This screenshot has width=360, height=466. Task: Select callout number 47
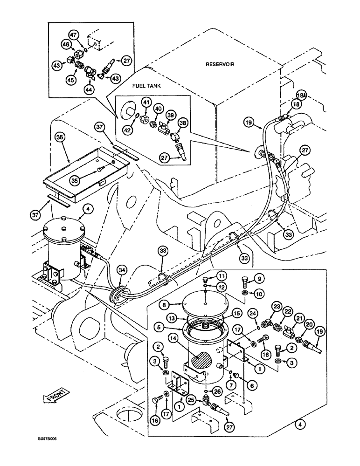point(73,35)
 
